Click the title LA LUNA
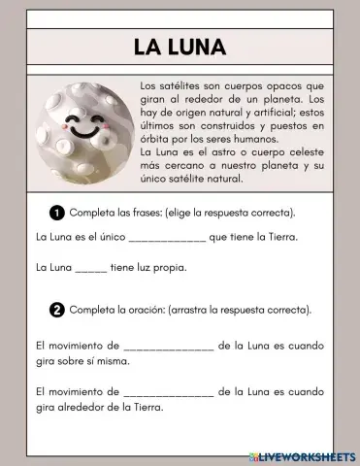tap(180, 47)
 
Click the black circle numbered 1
tap(56, 212)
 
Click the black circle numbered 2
tap(56, 310)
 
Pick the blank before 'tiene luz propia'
tap(90, 268)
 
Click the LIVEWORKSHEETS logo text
tap(308, 454)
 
